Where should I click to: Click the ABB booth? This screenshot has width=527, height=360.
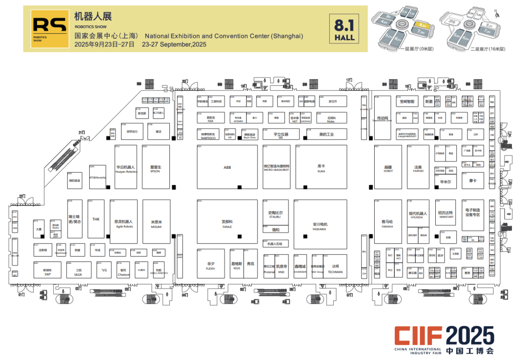227,167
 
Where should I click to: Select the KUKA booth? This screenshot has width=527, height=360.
321,167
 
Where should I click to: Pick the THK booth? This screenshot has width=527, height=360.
96,219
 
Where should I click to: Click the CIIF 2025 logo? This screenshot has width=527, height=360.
445,338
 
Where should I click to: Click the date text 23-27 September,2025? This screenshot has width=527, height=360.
174,44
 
